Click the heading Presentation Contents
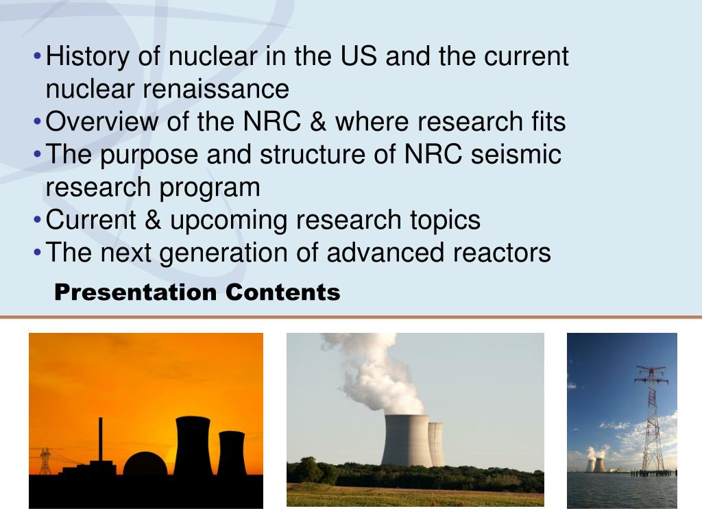pos(197,292)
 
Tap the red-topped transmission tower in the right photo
pos(651,418)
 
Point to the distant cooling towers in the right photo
pos(594,464)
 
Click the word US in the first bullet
pos(357,56)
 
